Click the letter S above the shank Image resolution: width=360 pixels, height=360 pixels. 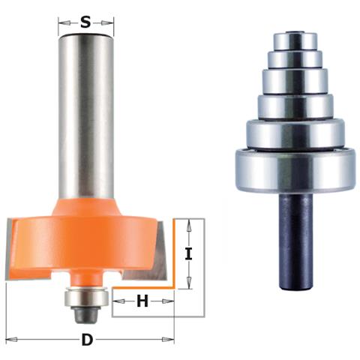coord(85,22)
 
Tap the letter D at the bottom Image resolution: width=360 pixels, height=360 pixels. coord(87,340)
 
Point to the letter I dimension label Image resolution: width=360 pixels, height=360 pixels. coord(188,254)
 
